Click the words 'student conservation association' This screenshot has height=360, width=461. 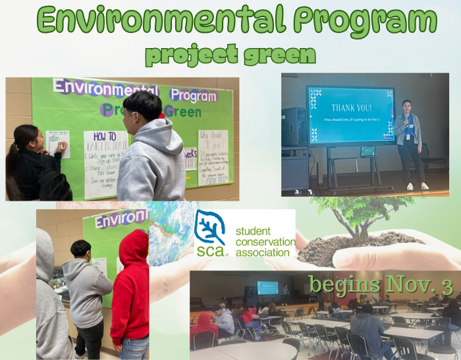265,242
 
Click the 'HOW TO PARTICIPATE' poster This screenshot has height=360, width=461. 105,164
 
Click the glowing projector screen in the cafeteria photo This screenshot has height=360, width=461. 267,288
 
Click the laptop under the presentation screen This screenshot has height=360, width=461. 367,151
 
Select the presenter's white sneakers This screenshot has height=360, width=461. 416,187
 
